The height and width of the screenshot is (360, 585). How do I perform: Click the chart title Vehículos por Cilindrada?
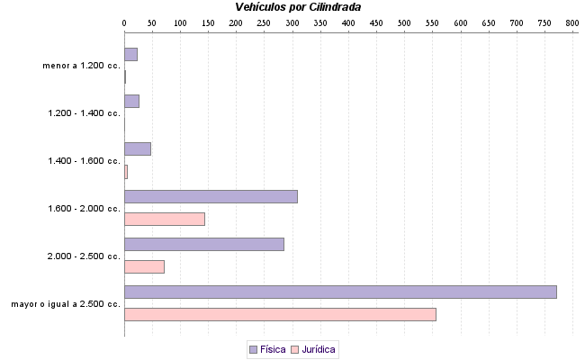click(298, 7)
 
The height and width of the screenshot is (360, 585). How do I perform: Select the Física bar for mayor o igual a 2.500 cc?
click(340, 292)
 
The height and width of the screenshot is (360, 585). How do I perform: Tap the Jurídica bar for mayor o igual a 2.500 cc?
click(280, 314)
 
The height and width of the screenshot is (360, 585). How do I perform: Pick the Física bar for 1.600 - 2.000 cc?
click(211, 196)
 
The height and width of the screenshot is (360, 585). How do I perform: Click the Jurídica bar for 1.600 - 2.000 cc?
click(165, 219)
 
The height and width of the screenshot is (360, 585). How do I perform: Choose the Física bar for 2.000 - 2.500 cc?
click(204, 244)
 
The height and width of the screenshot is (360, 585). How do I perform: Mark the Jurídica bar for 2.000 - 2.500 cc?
click(144, 266)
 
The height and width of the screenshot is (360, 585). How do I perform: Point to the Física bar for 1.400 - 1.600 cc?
click(138, 148)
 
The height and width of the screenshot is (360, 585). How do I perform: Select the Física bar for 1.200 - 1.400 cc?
click(131, 101)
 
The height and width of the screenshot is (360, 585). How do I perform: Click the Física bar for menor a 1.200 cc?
click(130, 54)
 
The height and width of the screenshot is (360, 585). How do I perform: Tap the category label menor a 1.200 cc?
click(81, 66)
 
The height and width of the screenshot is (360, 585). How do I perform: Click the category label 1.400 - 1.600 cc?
click(84, 161)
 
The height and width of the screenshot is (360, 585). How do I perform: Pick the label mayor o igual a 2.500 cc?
click(66, 304)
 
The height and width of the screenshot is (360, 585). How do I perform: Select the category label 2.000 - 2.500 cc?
click(84, 256)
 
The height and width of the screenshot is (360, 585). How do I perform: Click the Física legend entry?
click(266, 349)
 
